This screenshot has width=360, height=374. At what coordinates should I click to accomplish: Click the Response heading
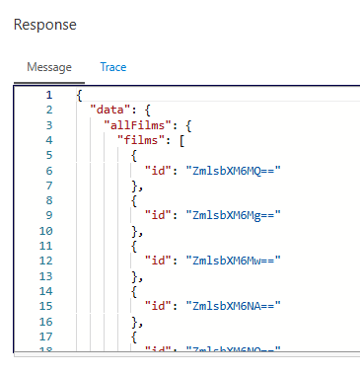pos(44,23)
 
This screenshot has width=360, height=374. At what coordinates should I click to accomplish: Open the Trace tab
pos(113,67)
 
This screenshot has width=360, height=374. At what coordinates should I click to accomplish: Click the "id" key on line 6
pos(161,170)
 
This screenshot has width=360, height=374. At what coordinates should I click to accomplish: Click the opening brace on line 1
pos(78,95)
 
